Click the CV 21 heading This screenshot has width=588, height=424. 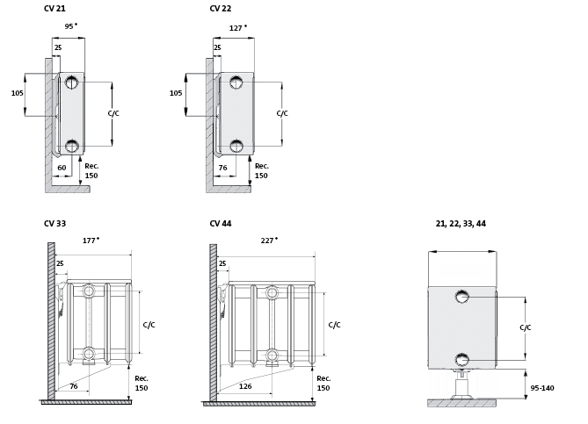coord(54,9)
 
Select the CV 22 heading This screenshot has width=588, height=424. coord(220,9)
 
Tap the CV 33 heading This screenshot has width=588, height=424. coord(54,224)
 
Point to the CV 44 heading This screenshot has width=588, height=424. coord(220,224)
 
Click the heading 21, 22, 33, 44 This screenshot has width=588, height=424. coord(461,224)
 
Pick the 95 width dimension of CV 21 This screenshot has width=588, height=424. coord(70,26)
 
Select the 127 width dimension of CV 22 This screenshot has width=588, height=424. coord(237,27)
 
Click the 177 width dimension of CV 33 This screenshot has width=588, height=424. coord(91,240)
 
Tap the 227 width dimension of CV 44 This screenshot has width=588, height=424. coord(269,240)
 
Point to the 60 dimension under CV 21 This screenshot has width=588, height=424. coord(62,167)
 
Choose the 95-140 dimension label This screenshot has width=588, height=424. coord(541,388)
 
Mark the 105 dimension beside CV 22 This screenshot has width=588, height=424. coord(176,93)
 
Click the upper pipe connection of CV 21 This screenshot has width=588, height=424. coord(71,83)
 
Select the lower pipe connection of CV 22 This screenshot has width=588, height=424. coord(235,146)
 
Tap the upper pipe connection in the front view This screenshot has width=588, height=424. coord(462,297)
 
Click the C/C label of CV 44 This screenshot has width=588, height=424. coord(334,325)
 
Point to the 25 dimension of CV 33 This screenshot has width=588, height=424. coord(60,263)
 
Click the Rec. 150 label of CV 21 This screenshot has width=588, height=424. coord(91,170)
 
